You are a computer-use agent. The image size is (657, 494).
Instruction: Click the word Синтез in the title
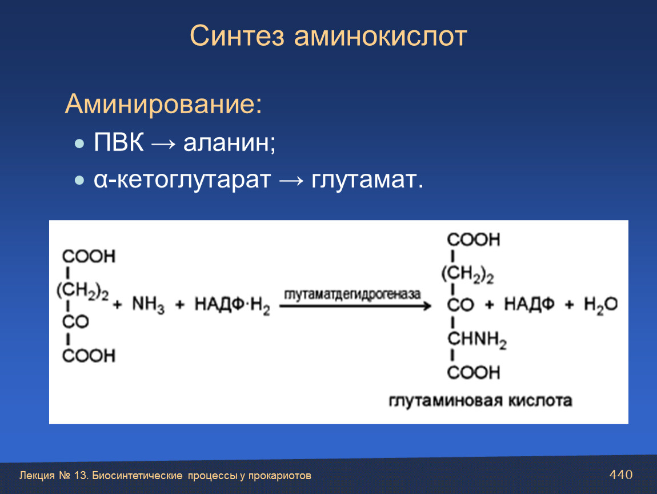(237, 35)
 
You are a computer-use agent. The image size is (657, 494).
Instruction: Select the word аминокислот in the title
(380, 36)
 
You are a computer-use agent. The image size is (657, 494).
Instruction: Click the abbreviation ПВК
(119, 142)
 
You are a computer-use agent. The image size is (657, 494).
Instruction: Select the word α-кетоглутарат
(182, 180)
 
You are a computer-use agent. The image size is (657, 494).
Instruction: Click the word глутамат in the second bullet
(364, 180)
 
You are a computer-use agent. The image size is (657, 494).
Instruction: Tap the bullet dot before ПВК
(79, 144)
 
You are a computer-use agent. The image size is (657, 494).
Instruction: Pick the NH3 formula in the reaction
(148, 304)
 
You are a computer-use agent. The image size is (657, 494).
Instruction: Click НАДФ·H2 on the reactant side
(232, 305)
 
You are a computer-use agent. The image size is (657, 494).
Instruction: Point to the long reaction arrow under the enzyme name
(355, 306)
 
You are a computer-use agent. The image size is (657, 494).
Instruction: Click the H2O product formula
(600, 305)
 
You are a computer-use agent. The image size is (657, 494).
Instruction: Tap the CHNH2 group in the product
(477, 339)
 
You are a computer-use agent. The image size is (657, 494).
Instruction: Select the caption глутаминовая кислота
(480, 400)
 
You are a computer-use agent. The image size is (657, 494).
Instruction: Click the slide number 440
(621, 475)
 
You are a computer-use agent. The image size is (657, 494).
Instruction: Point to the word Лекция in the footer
(37, 476)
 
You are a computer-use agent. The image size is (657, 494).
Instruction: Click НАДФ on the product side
(529, 304)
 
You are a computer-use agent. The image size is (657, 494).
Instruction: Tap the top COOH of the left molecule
(89, 256)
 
